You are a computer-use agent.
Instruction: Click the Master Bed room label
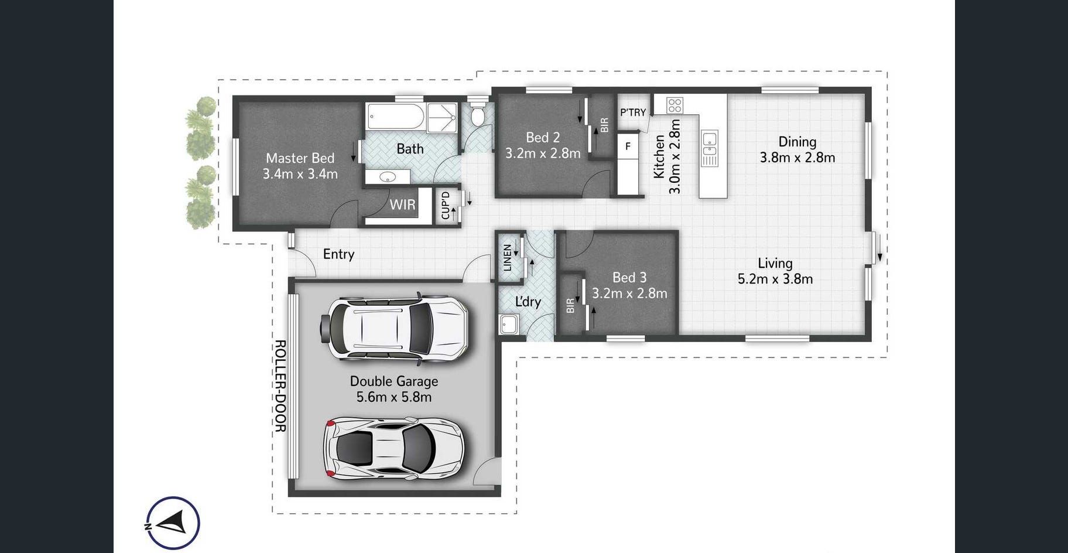tap(300, 158)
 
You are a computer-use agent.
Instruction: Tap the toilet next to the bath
tap(478, 114)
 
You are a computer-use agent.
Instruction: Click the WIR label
tap(402, 204)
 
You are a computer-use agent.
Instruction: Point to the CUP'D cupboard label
tap(446, 206)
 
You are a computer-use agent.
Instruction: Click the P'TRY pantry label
tap(633, 112)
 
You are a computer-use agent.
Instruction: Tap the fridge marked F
tap(628, 146)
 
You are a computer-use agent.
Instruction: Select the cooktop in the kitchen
tap(675, 105)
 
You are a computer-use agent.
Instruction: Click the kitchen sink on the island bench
tap(709, 148)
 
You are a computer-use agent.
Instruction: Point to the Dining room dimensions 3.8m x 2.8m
tap(797, 158)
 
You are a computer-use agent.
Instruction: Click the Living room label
tap(775, 264)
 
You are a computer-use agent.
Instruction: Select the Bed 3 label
tap(629, 277)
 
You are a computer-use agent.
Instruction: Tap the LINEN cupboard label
tap(507, 257)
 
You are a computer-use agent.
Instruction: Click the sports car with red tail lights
tap(394, 449)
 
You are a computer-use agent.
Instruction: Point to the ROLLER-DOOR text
tap(280, 386)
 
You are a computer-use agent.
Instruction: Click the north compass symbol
tap(173, 523)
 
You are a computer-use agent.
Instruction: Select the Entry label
tap(338, 254)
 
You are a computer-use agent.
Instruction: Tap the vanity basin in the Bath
tap(387, 177)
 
